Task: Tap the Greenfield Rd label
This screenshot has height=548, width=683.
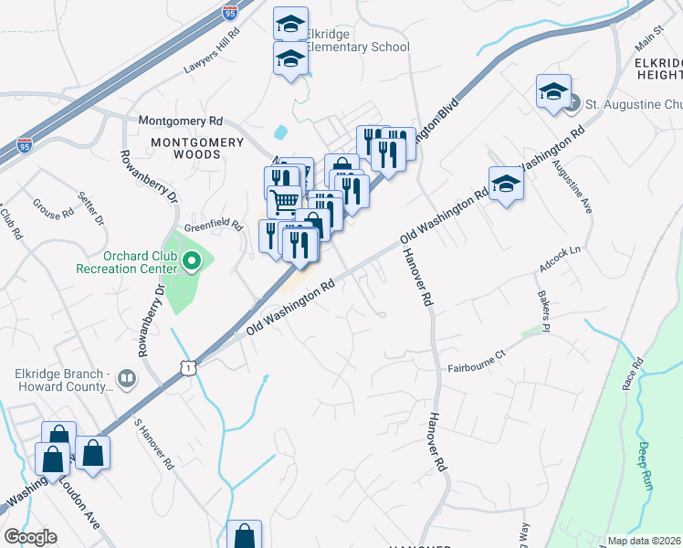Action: pyautogui.click(x=214, y=224)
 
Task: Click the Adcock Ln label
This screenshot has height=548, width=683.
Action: pyautogui.click(x=560, y=250)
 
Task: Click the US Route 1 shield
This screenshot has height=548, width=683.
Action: pyautogui.click(x=187, y=366)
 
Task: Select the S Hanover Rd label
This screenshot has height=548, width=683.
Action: pyautogui.click(x=152, y=444)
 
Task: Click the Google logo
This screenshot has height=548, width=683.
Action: pyautogui.click(x=30, y=537)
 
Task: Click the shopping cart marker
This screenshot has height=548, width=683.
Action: pyautogui.click(x=284, y=199)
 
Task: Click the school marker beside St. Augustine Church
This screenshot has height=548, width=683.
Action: pyautogui.click(x=553, y=92)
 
